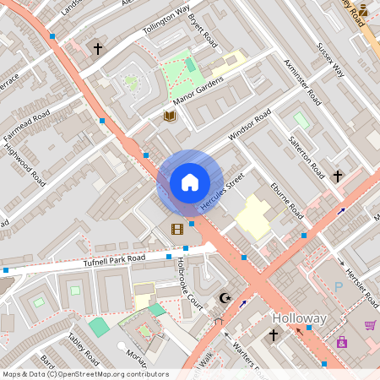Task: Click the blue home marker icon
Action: point(190,182)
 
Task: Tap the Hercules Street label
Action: point(222,192)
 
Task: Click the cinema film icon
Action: point(176,229)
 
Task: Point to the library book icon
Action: point(169,115)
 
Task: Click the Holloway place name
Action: point(299,318)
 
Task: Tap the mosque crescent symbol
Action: point(225,298)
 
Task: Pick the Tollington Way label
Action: point(166,23)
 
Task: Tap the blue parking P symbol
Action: point(339,288)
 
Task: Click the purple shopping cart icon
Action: point(370,325)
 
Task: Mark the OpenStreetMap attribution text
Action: point(85,374)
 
